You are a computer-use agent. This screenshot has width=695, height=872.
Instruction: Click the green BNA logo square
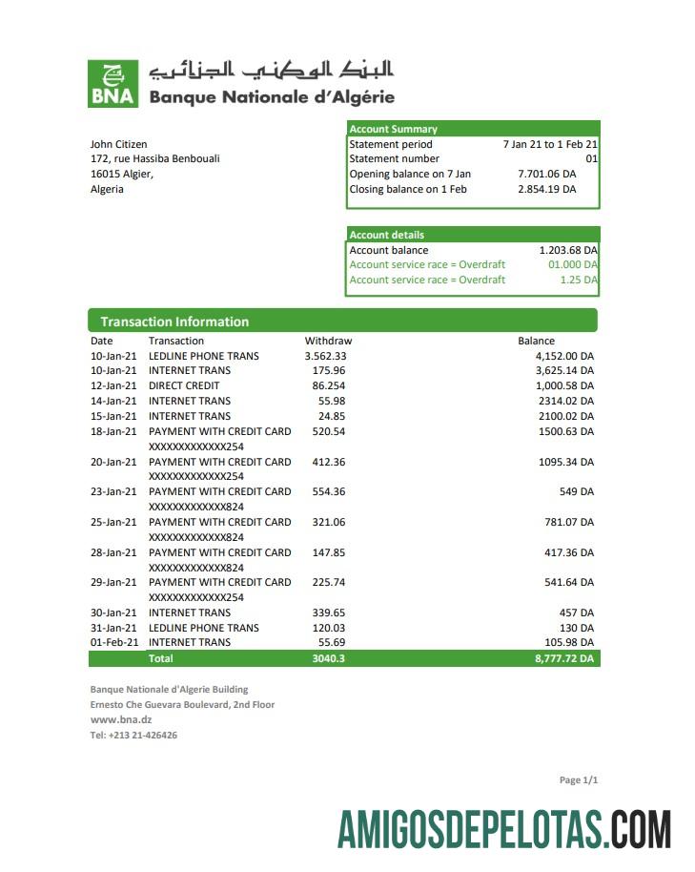click(x=112, y=84)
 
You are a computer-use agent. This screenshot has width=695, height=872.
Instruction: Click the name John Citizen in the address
click(x=118, y=144)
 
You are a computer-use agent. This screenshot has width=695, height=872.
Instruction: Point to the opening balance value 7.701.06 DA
click(x=546, y=175)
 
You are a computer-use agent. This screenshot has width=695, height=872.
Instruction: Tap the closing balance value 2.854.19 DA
click(x=546, y=190)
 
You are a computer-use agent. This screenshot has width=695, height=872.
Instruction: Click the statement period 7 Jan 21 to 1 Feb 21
click(x=549, y=144)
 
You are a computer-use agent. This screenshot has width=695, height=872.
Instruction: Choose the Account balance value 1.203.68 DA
click(x=568, y=250)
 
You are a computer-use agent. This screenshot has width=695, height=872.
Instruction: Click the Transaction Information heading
click(x=174, y=322)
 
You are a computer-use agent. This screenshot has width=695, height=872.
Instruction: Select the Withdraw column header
click(x=328, y=341)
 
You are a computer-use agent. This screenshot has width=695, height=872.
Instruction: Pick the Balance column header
click(x=536, y=341)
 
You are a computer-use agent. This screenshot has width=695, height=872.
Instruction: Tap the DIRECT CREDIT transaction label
click(x=184, y=385)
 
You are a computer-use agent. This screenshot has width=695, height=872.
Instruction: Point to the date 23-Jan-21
click(x=113, y=491)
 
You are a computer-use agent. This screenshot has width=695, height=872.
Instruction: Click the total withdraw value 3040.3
click(x=328, y=658)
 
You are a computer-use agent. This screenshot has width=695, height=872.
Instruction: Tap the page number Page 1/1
click(x=578, y=780)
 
